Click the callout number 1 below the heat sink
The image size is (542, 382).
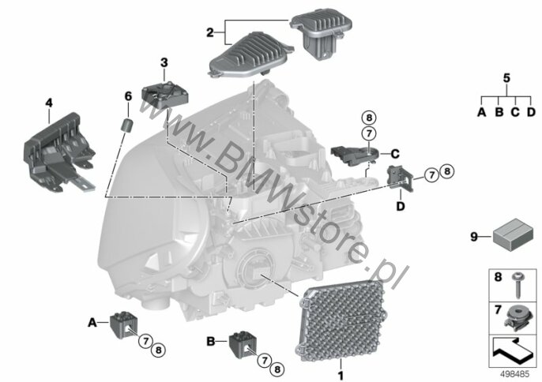[x=341, y=376]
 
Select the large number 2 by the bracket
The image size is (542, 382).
[x=210, y=33]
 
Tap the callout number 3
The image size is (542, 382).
[x=164, y=62]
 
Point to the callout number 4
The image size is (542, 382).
[x=49, y=103]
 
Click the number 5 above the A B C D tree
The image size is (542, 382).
[x=506, y=78]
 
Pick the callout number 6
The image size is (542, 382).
[x=128, y=96]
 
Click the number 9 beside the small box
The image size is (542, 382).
[x=474, y=237]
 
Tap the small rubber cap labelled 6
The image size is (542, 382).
[x=127, y=125]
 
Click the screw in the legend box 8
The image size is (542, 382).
[x=518, y=285]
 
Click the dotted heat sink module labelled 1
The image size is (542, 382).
[x=340, y=320]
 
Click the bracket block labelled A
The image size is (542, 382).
[x=123, y=324]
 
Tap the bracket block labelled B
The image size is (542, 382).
[x=243, y=345]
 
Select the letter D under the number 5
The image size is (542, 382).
[x=531, y=112]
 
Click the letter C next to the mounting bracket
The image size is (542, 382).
[x=395, y=154]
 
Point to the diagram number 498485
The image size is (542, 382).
[x=514, y=373]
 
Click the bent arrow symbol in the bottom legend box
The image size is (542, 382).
[x=511, y=350]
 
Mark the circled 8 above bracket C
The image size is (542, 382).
[x=369, y=118]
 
